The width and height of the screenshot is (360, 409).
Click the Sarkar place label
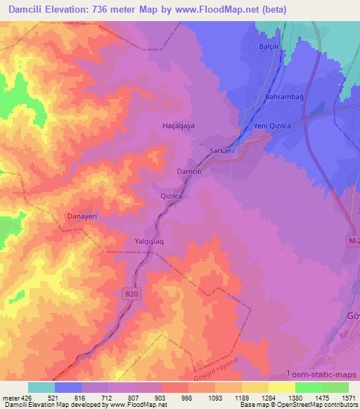220,150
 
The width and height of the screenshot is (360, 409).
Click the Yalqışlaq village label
149,241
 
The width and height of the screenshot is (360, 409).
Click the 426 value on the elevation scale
24,397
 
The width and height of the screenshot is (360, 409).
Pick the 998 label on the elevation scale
187,397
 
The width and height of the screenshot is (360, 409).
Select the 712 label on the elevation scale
107,397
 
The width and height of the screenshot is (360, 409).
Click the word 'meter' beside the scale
10,397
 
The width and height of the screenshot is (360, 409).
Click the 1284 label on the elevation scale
268,397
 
